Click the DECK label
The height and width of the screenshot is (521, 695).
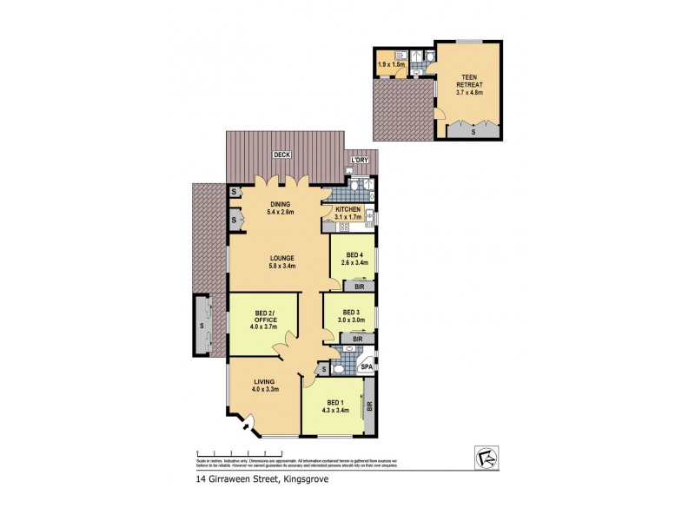[280, 155]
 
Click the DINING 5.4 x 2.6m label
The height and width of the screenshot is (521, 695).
[280, 208]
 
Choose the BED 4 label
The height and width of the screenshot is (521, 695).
[353, 258]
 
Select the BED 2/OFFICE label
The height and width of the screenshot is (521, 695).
[265, 320]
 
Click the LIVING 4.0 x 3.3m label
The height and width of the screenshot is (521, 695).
[264, 384]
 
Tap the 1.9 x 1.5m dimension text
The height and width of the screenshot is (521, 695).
[390, 64]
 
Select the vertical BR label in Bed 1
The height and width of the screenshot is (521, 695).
[369, 406]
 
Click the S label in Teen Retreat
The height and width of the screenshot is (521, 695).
[473, 133]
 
